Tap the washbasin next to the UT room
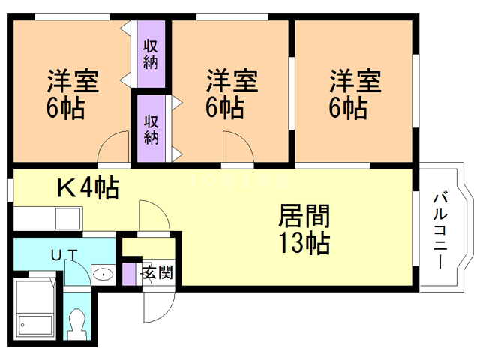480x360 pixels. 103,274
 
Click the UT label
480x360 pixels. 64,255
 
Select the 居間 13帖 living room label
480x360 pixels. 304,229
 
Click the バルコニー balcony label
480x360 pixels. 442,231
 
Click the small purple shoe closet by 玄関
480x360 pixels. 128,272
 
